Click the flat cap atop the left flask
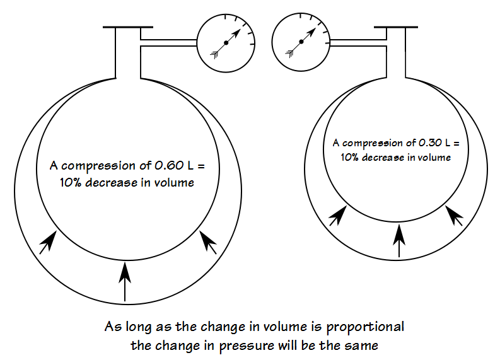[127, 27]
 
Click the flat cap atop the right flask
[398, 27]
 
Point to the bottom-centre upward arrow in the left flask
[125, 282]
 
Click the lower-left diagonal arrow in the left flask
[47, 242]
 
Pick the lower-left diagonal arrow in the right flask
[337, 216]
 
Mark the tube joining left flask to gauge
[167, 43]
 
